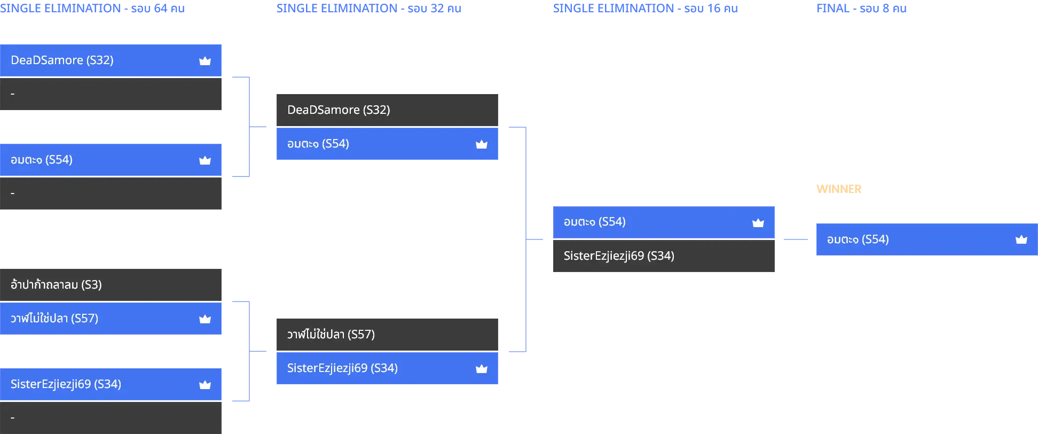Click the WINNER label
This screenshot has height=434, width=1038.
[x=839, y=189]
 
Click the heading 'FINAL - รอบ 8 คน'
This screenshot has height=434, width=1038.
[x=861, y=9]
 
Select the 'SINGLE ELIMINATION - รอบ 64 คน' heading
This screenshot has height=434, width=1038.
[x=92, y=9]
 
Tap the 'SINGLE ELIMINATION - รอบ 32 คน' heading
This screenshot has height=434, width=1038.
[x=369, y=9]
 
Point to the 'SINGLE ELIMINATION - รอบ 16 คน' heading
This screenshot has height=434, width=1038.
[x=646, y=9]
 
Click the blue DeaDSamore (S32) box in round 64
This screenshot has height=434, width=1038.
[x=111, y=60]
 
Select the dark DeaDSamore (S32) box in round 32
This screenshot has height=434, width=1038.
[x=387, y=110]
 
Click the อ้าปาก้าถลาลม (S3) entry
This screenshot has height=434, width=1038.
[x=111, y=285]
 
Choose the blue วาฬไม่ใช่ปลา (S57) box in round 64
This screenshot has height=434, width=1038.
[x=111, y=319]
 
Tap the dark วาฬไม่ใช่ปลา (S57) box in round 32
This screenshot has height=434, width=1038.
[x=387, y=335]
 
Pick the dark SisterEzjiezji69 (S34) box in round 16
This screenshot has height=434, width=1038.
[x=664, y=256]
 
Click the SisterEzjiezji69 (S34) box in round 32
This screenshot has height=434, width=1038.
[x=387, y=368]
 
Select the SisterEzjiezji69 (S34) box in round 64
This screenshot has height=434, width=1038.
[x=111, y=384]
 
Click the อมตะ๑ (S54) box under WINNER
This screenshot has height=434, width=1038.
[x=927, y=239]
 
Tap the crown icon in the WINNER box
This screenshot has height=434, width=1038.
[x=1021, y=239]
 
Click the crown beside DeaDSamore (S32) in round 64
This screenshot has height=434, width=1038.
[x=205, y=61]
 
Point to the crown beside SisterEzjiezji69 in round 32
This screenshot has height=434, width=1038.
[x=482, y=368]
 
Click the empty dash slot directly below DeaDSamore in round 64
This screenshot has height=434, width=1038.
[x=111, y=94]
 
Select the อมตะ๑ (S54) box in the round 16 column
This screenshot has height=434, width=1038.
[x=664, y=222]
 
